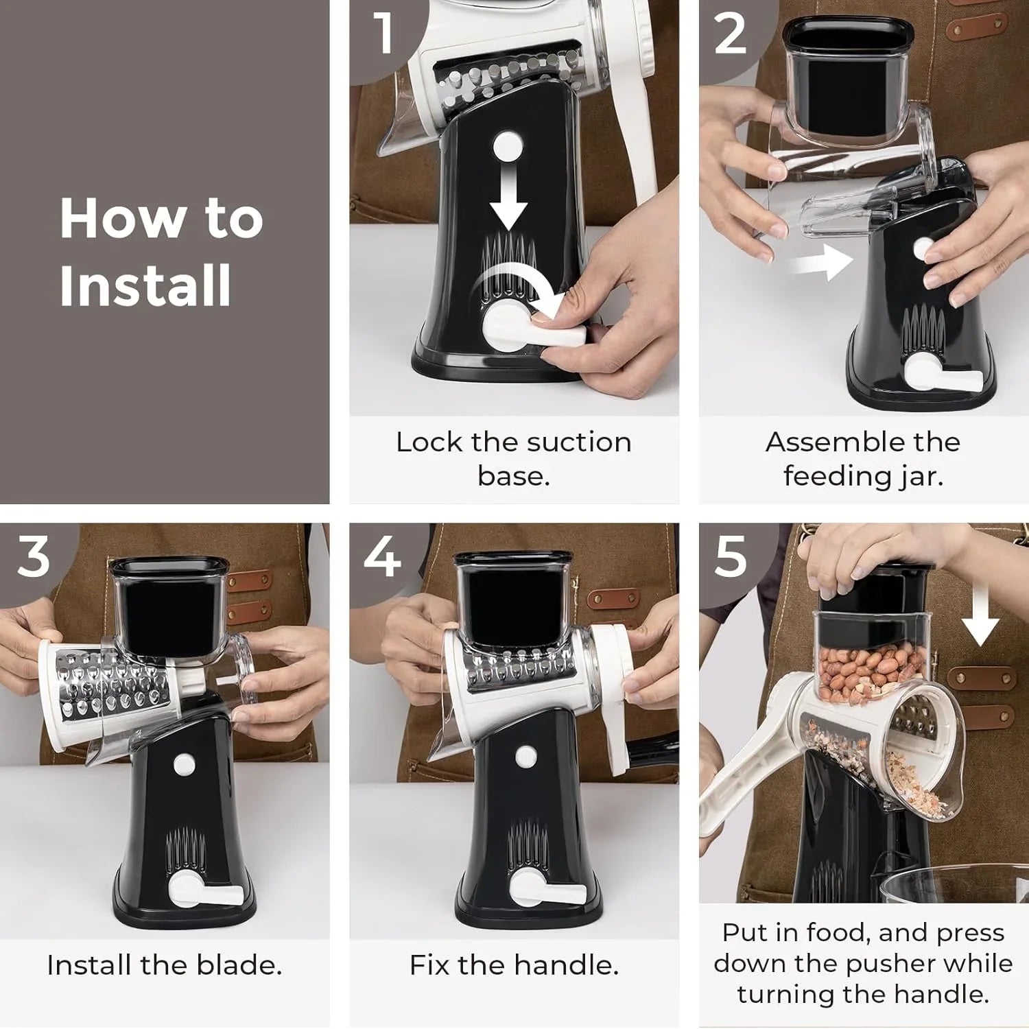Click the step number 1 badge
[x=383, y=33]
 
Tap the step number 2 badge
[x=730, y=34]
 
